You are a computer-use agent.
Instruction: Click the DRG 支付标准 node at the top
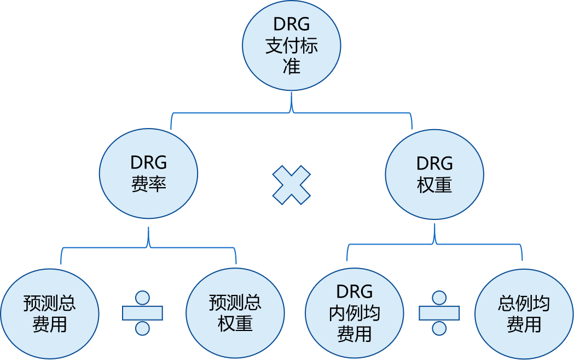(x=291, y=45)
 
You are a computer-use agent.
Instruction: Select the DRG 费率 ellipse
(x=148, y=173)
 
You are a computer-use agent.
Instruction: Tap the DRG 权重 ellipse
(x=434, y=174)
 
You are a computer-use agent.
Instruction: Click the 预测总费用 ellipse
(x=50, y=313)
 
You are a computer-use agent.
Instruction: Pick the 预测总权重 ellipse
(x=235, y=313)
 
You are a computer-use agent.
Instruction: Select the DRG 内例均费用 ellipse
(x=355, y=313)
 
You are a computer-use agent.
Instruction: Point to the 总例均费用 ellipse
(x=524, y=314)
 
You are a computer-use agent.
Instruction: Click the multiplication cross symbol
(x=292, y=185)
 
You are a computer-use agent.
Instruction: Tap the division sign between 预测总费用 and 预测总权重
(x=142, y=313)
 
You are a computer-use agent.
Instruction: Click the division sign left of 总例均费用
(x=439, y=313)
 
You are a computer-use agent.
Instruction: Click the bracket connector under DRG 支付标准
(x=291, y=113)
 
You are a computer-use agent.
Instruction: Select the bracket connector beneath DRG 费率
(x=148, y=247)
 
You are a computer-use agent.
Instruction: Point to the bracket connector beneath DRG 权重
(x=434, y=244)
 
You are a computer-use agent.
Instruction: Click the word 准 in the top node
(x=291, y=66)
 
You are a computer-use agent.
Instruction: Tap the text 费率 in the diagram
(x=148, y=184)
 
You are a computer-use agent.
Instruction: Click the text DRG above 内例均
(x=355, y=291)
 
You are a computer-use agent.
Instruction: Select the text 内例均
(x=355, y=313)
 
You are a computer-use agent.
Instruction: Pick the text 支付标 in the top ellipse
(x=291, y=45)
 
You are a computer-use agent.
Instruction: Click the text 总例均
(x=524, y=303)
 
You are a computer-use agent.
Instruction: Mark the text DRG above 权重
(x=434, y=163)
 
